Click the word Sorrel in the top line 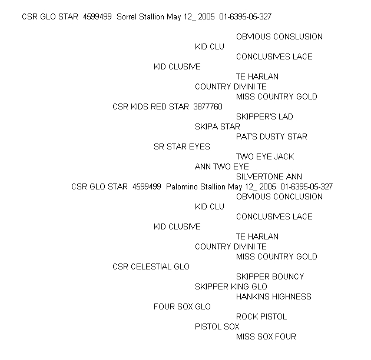(127, 17)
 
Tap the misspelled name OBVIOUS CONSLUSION (279, 36)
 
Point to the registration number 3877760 (208, 106)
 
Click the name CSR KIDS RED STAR (151, 106)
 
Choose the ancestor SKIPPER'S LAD (264, 116)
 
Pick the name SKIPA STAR (217, 126)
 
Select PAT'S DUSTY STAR (271, 136)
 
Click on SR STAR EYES (182, 146)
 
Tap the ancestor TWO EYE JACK (265, 156)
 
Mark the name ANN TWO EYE (221, 166)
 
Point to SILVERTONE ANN (269, 176)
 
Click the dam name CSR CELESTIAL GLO (151, 266)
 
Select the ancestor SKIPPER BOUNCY (270, 276)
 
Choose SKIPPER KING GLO (231, 286)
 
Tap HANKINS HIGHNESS (274, 296)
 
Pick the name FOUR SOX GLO (182, 306)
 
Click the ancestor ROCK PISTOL (261, 316)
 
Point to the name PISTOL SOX (217, 326)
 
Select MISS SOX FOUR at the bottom (266, 336)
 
